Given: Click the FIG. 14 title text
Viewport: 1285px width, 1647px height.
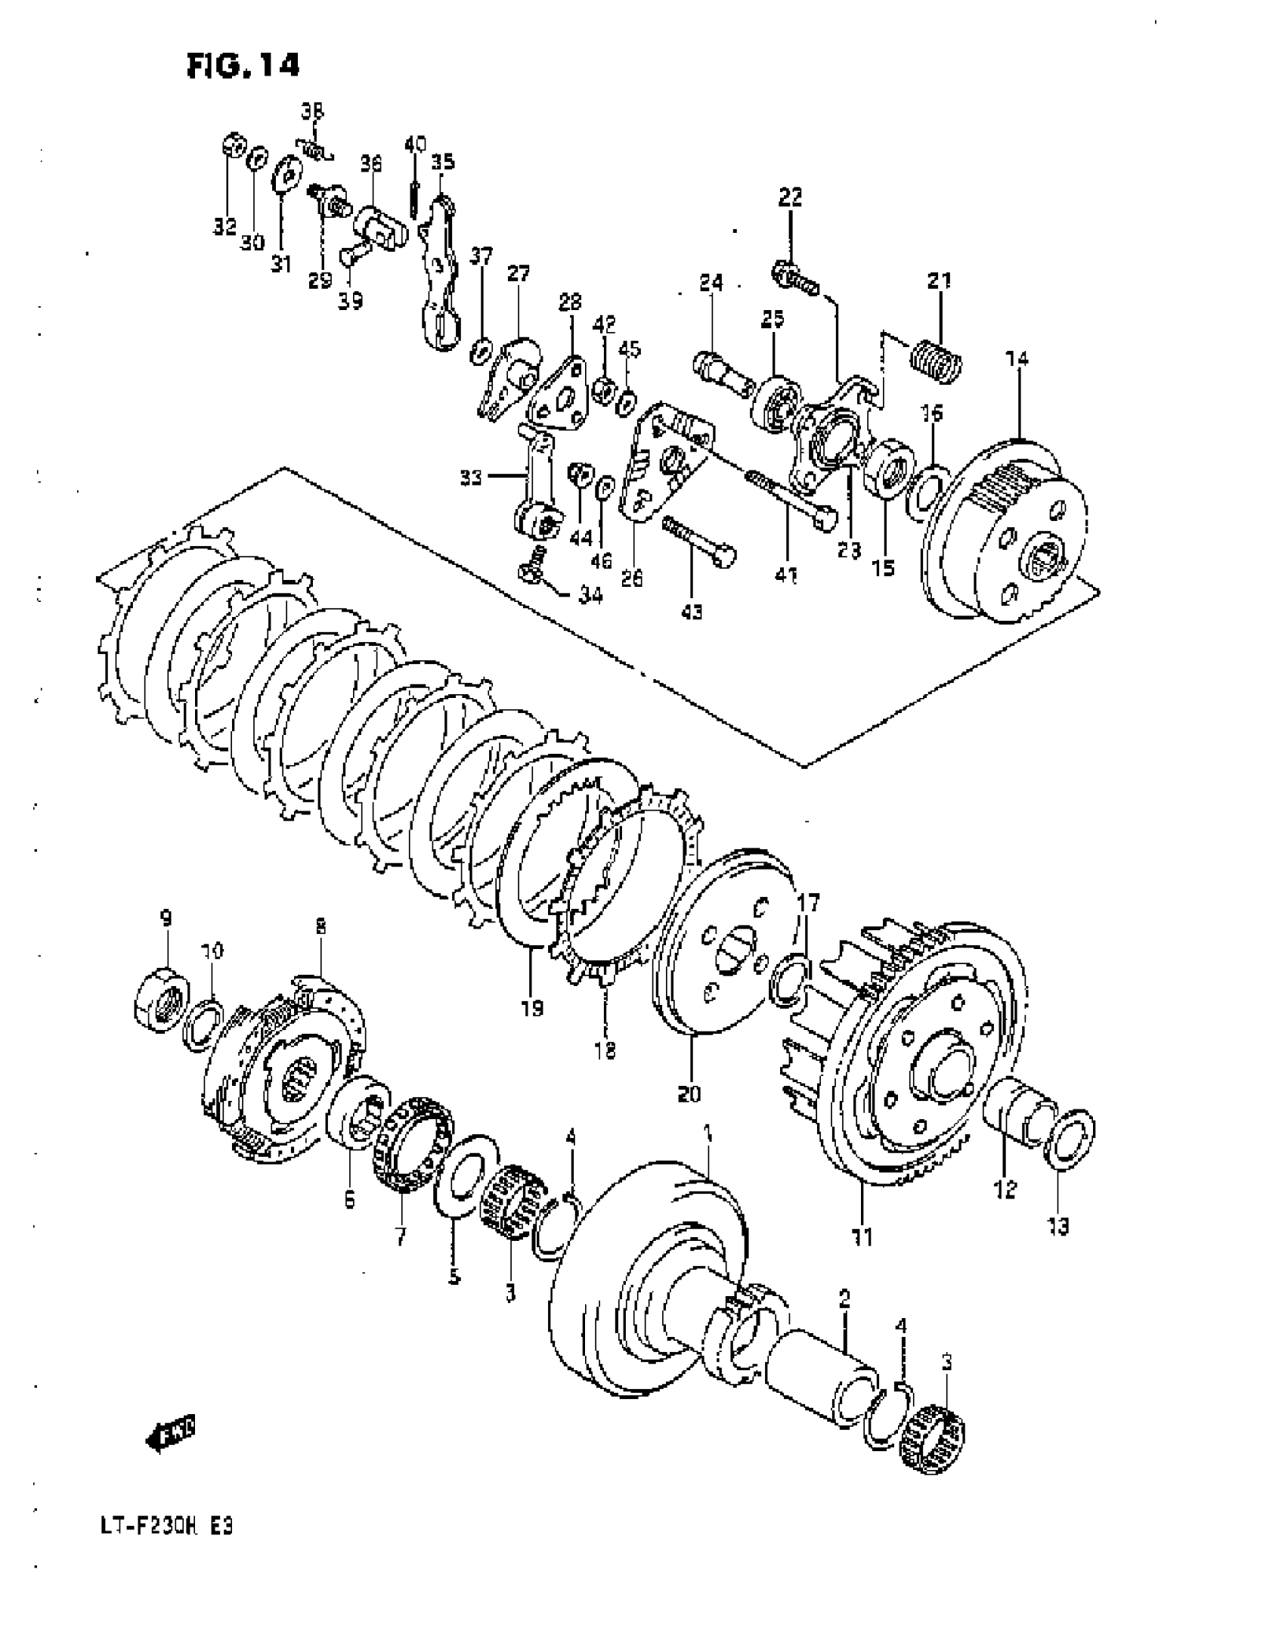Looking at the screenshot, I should [243, 66].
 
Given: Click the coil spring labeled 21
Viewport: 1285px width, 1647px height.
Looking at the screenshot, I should [937, 360].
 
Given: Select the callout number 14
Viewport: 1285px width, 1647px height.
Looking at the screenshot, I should [1017, 358].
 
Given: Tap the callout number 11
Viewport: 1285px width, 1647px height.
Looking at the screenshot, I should [862, 1237].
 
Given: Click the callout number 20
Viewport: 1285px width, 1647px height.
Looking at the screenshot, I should [689, 1093].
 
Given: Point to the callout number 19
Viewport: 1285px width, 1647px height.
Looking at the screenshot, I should [532, 1007].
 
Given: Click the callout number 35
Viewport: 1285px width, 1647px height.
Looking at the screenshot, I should [443, 162].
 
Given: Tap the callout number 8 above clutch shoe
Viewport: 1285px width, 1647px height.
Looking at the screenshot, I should [320, 927].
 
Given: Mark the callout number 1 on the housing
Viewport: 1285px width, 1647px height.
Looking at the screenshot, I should [708, 1154].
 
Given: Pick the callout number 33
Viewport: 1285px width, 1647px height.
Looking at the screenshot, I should [471, 478].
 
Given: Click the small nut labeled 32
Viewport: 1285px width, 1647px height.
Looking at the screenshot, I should [233, 145].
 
